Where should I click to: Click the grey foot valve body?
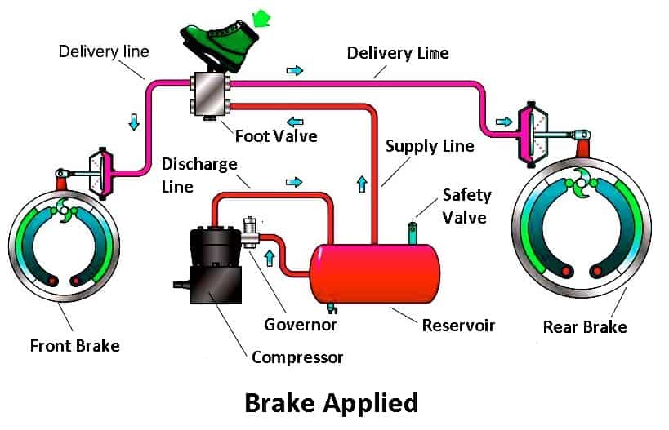pyautogui.click(x=211, y=96)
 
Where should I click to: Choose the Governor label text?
pyautogui.click(x=301, y=325)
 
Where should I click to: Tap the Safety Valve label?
pyautogui.click(x=466, y=206)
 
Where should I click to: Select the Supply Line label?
pyautogui.click(x=430, y=146)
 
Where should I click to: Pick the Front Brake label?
pyautogui.click(x=74, y=345)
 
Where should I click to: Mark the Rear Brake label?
pyautogui.click(x=585, y=327)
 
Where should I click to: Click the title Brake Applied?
pyautogui.click(x=332, y=402)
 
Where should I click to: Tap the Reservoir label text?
pyautogui.click(x=458, y=326)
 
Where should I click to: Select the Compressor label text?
pyautogui.click(x=297, y=357)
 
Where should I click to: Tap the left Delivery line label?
pyautogui.click(x=104, y=51)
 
